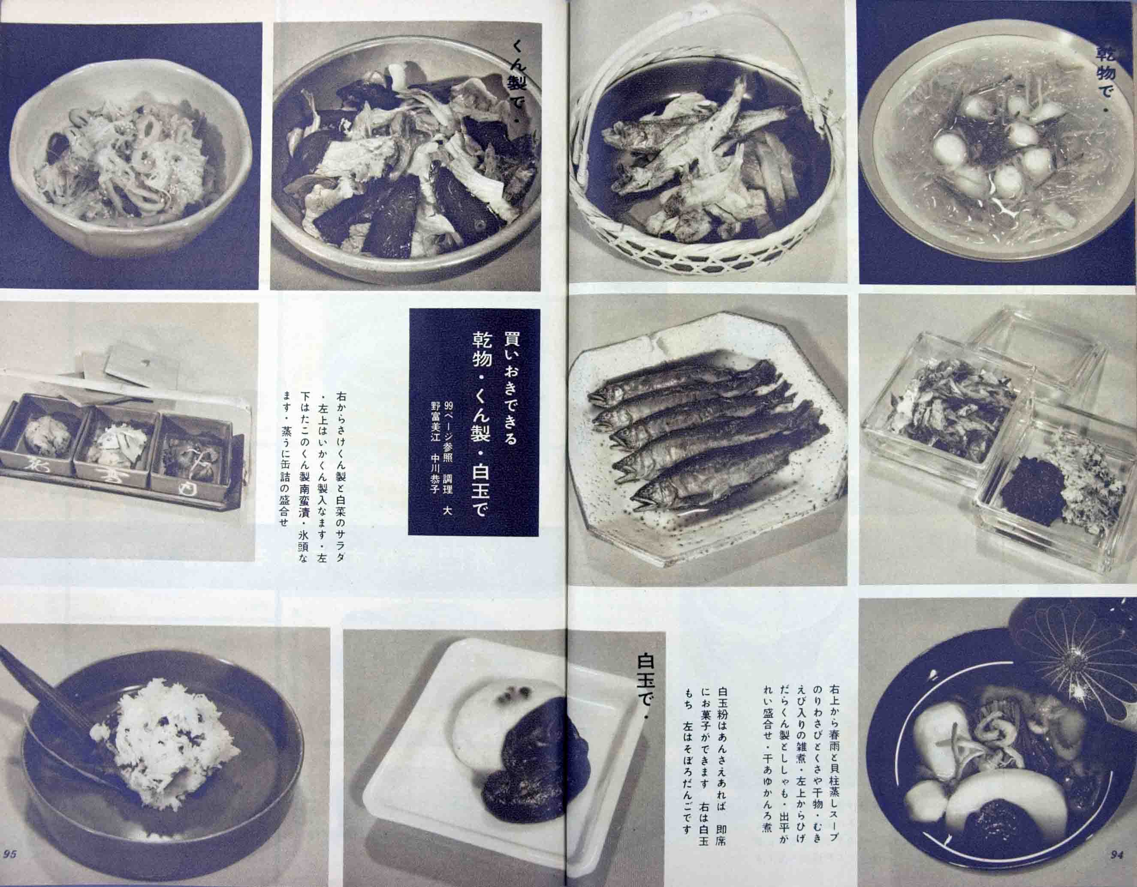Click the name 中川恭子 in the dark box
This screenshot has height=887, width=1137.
(435, 471)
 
